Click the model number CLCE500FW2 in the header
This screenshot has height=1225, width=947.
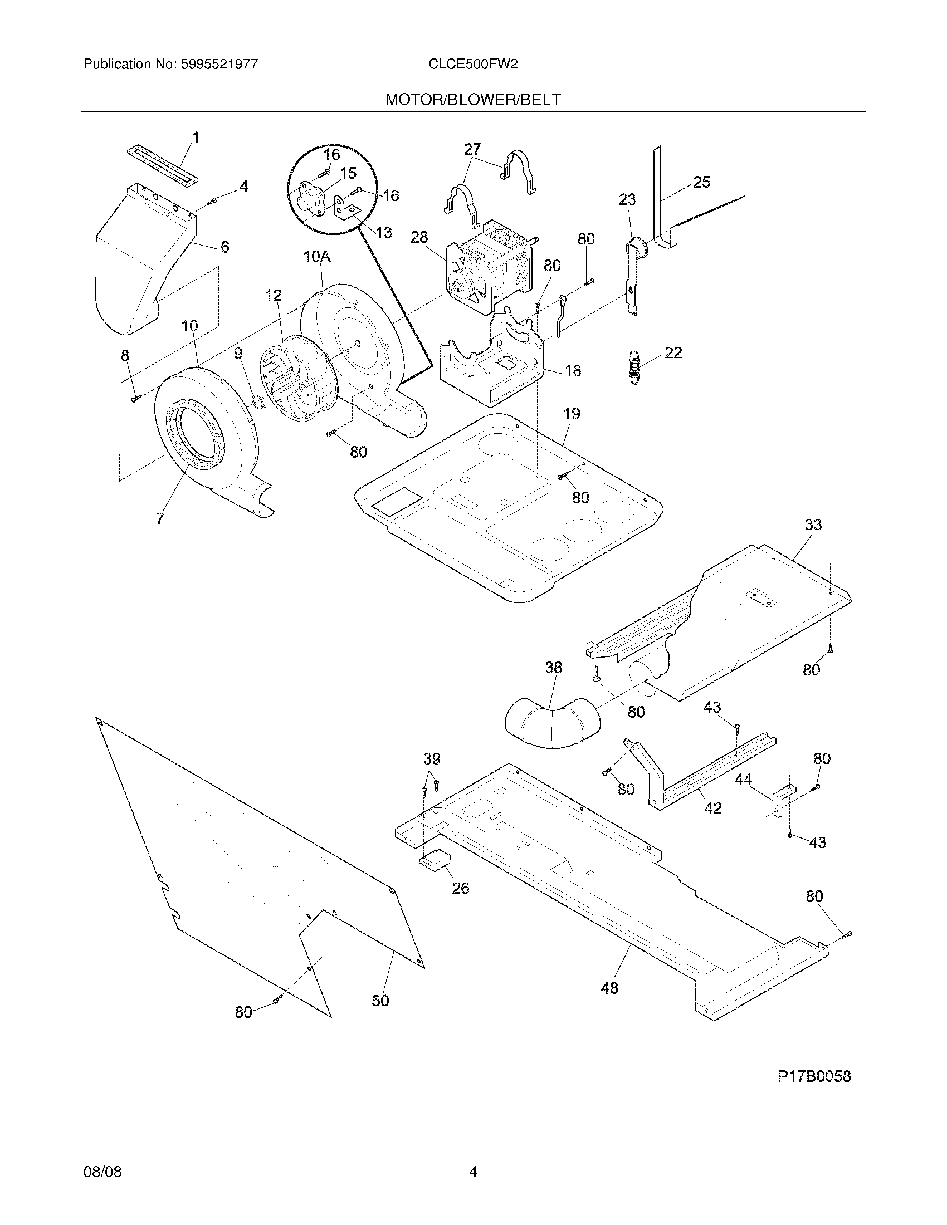pos(472,64)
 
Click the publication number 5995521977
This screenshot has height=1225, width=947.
pos(219,64)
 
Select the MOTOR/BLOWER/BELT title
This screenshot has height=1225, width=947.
pos(472,99)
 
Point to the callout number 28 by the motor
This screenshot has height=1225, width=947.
pos(419,237)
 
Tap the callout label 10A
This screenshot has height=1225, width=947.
pos(317,257)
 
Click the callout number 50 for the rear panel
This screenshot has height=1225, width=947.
pos(380,1001)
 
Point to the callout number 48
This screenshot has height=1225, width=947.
pos(609,988)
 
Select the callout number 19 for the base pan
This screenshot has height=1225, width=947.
pos(572,414)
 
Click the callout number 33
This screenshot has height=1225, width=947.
pos(813,525)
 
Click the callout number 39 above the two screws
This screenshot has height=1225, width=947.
pos(431,759)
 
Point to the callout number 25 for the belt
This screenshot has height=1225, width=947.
pos(701,182)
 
